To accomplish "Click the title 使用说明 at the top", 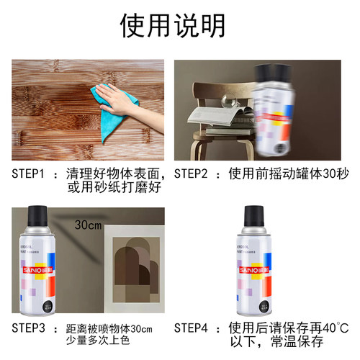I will click(180, 27).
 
